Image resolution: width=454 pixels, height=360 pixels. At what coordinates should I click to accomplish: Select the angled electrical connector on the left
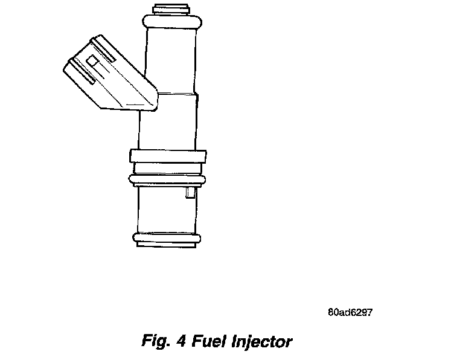point(109,76)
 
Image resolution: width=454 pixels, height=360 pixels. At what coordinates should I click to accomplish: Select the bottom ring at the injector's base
point(166,239)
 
